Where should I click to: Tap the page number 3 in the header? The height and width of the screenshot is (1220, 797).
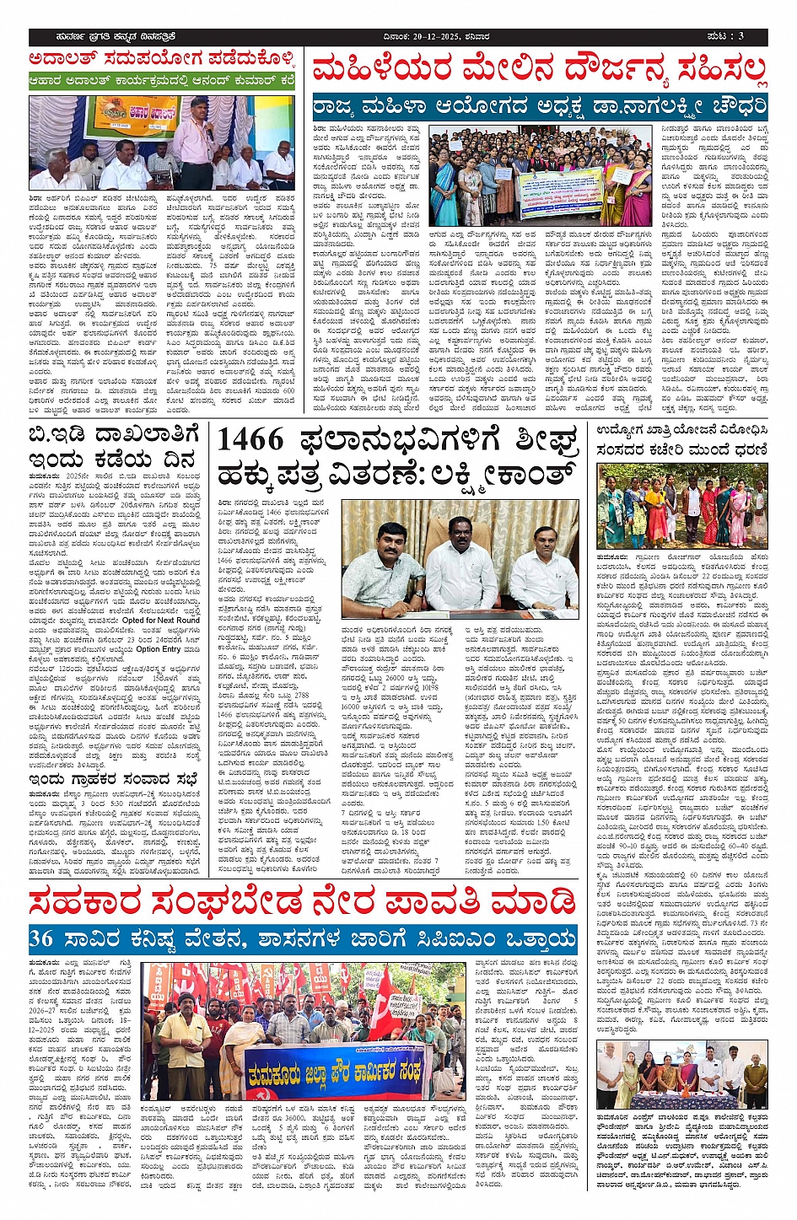(739, 37)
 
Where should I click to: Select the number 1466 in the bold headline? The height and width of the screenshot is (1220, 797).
(250, 440)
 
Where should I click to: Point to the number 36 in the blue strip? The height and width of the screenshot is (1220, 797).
(40, 938)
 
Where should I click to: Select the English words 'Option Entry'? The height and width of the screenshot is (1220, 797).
(158, 649)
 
